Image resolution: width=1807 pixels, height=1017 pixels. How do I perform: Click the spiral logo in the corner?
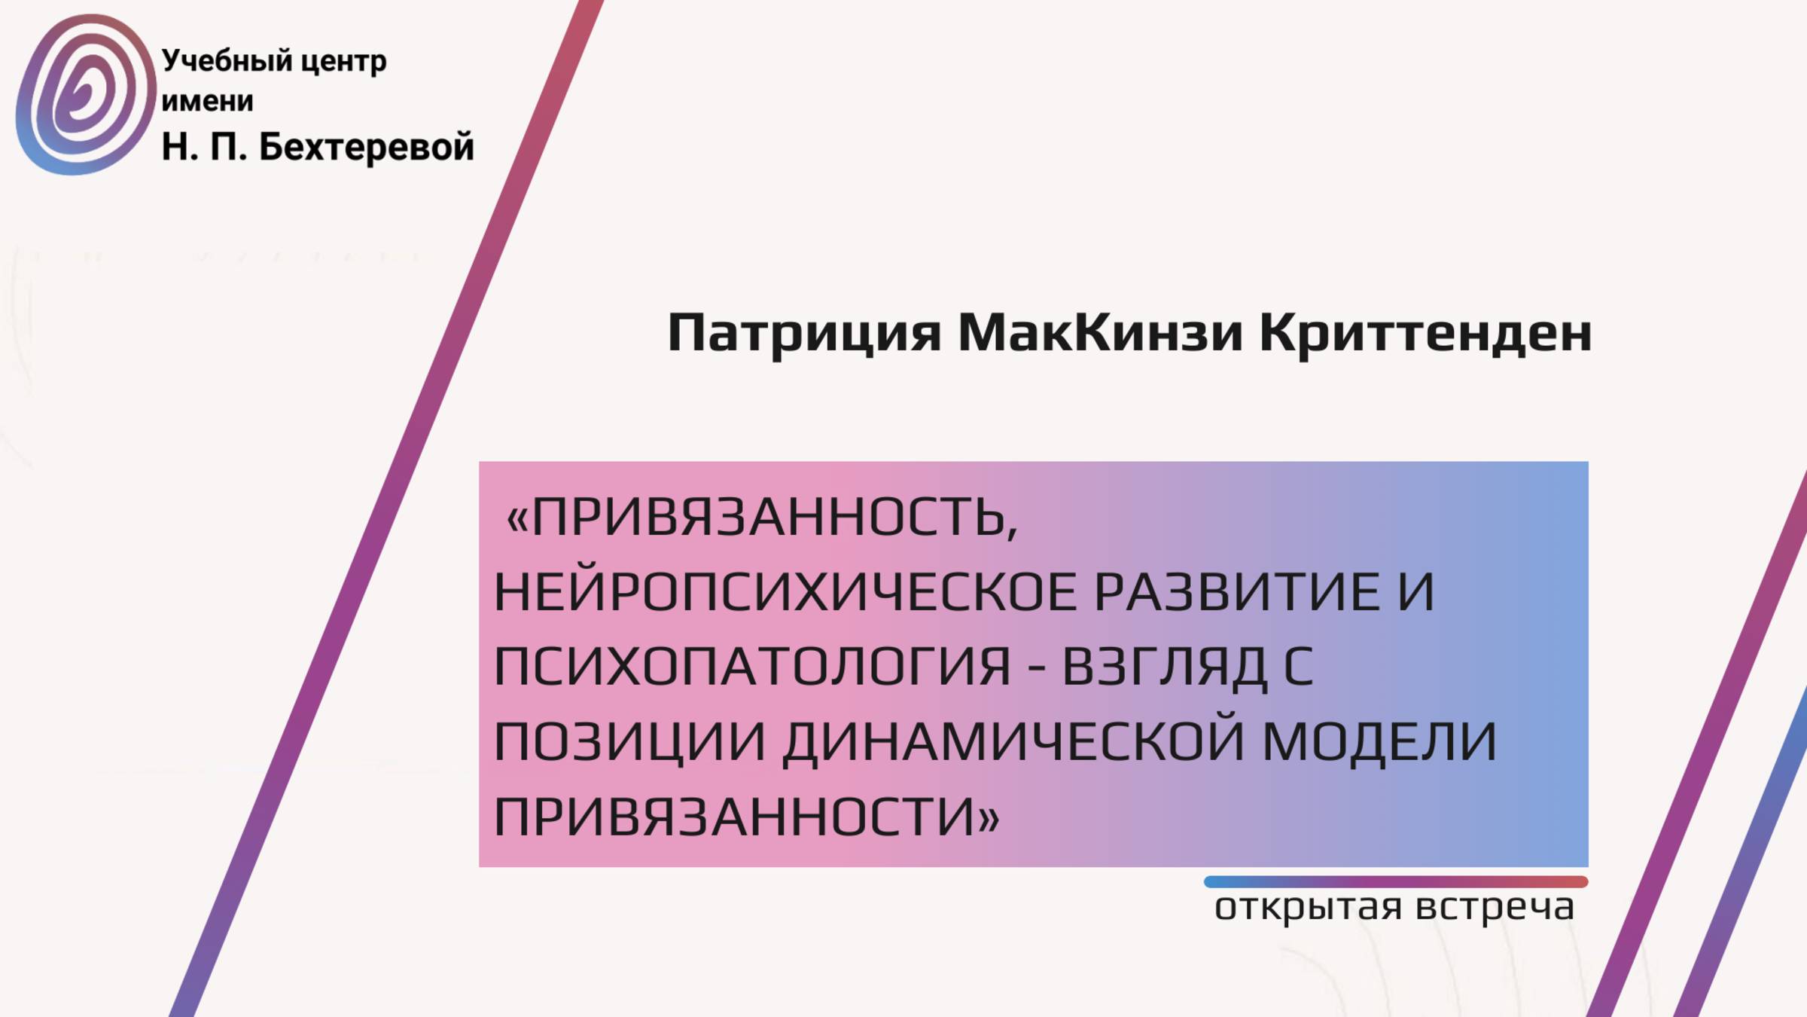coord(84,95)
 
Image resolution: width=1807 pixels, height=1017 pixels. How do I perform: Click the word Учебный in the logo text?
coord(227,61)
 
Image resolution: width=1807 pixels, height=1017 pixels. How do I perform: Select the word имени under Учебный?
coord(207,101)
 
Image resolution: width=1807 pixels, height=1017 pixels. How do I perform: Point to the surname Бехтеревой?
coord(367,146)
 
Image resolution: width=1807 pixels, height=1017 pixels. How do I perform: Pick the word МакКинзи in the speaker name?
coord(1100,332)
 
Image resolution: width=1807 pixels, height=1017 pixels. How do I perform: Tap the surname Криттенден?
coord(1425,332)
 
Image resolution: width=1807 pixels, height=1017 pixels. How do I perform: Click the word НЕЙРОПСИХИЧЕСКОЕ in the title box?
coord(785,592)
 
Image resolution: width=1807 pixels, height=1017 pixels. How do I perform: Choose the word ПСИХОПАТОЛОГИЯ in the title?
coord(752,667)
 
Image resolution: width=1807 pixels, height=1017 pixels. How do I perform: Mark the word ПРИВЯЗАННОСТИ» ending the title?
coord(746,817)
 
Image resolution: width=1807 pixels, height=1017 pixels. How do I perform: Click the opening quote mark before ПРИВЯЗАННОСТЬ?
coord(518,518)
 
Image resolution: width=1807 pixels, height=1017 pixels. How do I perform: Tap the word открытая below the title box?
coord(1308,907)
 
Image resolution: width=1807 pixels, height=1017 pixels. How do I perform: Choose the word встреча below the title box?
coord(1495,907)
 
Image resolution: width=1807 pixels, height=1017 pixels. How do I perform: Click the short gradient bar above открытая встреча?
coord(1395,881)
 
